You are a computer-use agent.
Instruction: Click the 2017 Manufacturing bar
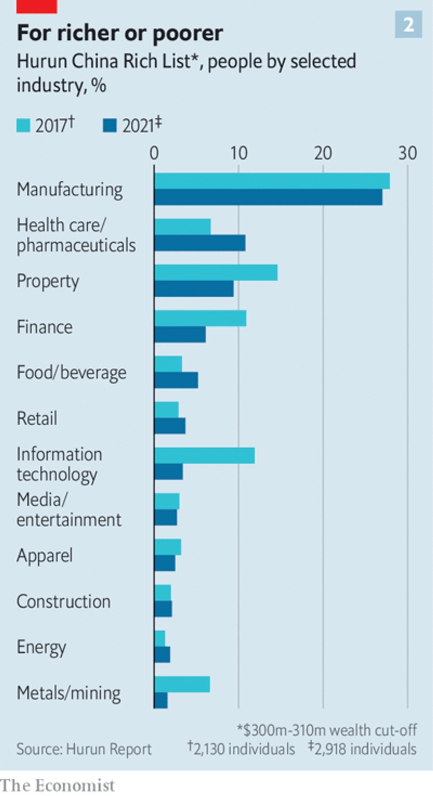pyautogui.click(x=272, y=181)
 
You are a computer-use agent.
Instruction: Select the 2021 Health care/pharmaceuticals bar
pyautogui.click(x=200, y=243)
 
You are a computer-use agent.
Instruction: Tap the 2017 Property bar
pyautogui.click(x=216, y=272)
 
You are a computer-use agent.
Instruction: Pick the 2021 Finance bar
pyautogui.click(x=180, y=335)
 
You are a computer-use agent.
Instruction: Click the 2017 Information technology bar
pyautogui.click(x=204, y=455)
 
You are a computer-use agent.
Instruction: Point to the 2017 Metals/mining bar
pyautogui.click(x=182, y=684)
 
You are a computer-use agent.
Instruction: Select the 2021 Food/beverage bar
pyautogui.click(x=176, y=380)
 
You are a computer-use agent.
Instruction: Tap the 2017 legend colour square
pyautogui.click(x=23, y=125)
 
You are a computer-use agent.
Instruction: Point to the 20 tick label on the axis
pyautogui.click(x=323, y=153)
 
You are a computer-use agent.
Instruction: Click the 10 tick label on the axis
pyautogui.click(x=238, y=153)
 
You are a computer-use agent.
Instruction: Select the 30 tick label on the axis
pyautogui.click(x=407, y=153)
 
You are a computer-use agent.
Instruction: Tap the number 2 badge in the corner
pyautogui.click(x=409, y=24)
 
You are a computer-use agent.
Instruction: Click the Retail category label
pyautogui.click(x=37, y=419)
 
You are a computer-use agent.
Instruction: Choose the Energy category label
pyautogui.click(x=41, y=647)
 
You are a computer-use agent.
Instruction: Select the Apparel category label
pyautogui.click(x=44, y=555)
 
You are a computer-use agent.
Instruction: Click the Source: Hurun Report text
pyautogui.click(x=84, y=749)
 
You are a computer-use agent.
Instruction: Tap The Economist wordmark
pyautogui.click(x=58, y=786)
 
